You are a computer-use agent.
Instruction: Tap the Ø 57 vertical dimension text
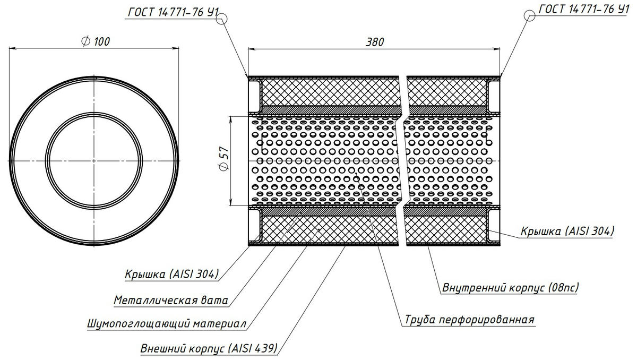pos(223,159)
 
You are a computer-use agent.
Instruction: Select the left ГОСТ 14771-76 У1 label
pos(171,10)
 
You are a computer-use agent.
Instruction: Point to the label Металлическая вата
pos(171,300)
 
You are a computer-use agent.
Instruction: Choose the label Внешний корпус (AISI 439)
pos(209,349)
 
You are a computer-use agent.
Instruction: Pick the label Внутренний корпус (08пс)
pos(510,288)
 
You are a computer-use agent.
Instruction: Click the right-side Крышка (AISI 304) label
pos(567,231)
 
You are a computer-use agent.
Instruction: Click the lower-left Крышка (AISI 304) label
pos(172,275)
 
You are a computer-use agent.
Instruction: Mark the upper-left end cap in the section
pos(254,93)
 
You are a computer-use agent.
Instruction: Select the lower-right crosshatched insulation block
pos(446,228)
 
